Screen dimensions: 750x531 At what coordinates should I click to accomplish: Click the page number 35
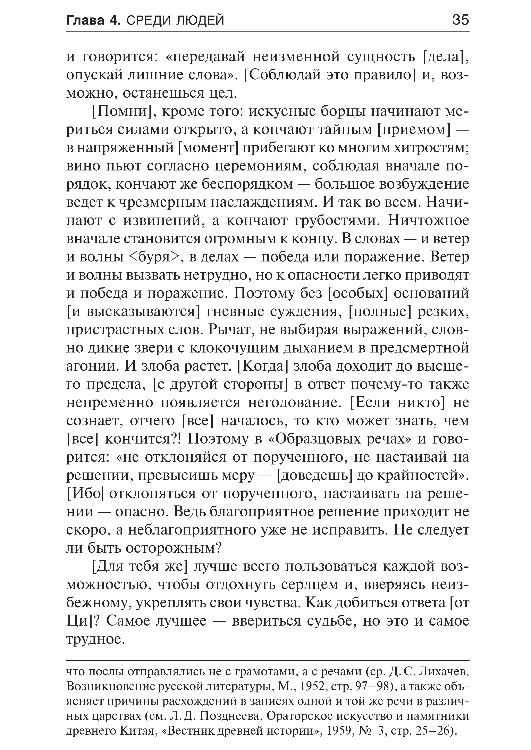pos(460,20)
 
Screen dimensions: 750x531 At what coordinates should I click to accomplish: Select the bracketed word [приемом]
pos(414,130)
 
